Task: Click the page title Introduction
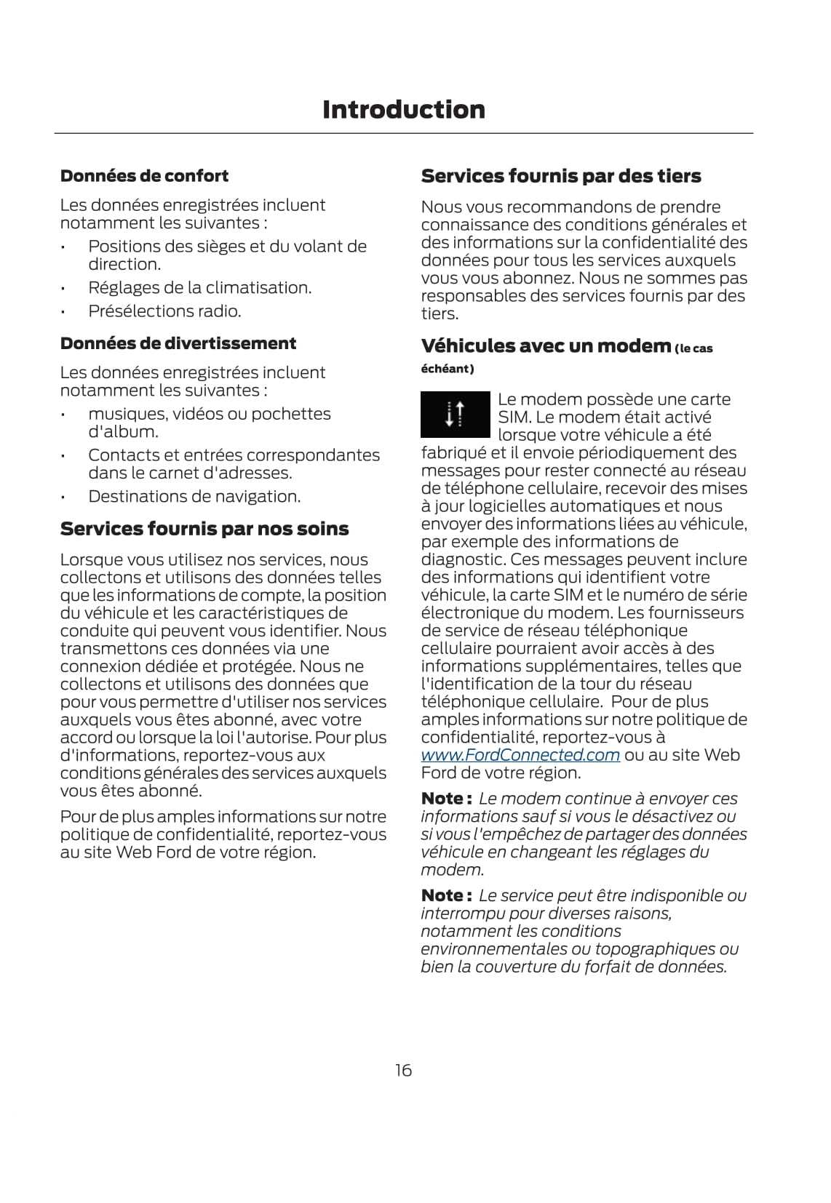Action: [403, 110]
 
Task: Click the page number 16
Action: [403, 1070]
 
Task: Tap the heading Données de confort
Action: [144, 176]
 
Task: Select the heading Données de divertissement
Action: [178, 343]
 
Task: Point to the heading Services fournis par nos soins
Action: [204, 529]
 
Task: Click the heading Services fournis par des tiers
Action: [561, 176]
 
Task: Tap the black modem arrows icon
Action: [455, 414]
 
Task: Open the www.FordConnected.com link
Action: [520, 755]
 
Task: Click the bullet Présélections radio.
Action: [164, 311]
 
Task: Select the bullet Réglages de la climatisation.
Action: [199, 288]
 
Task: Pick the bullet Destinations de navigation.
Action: [194, 497]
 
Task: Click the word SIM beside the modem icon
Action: [514, 417]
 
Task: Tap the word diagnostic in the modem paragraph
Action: [462, 559]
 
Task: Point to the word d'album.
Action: [123, 432]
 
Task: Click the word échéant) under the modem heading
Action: [448, 369]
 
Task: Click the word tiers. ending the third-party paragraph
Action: [440, 314]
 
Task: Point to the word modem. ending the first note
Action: [452, 870]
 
